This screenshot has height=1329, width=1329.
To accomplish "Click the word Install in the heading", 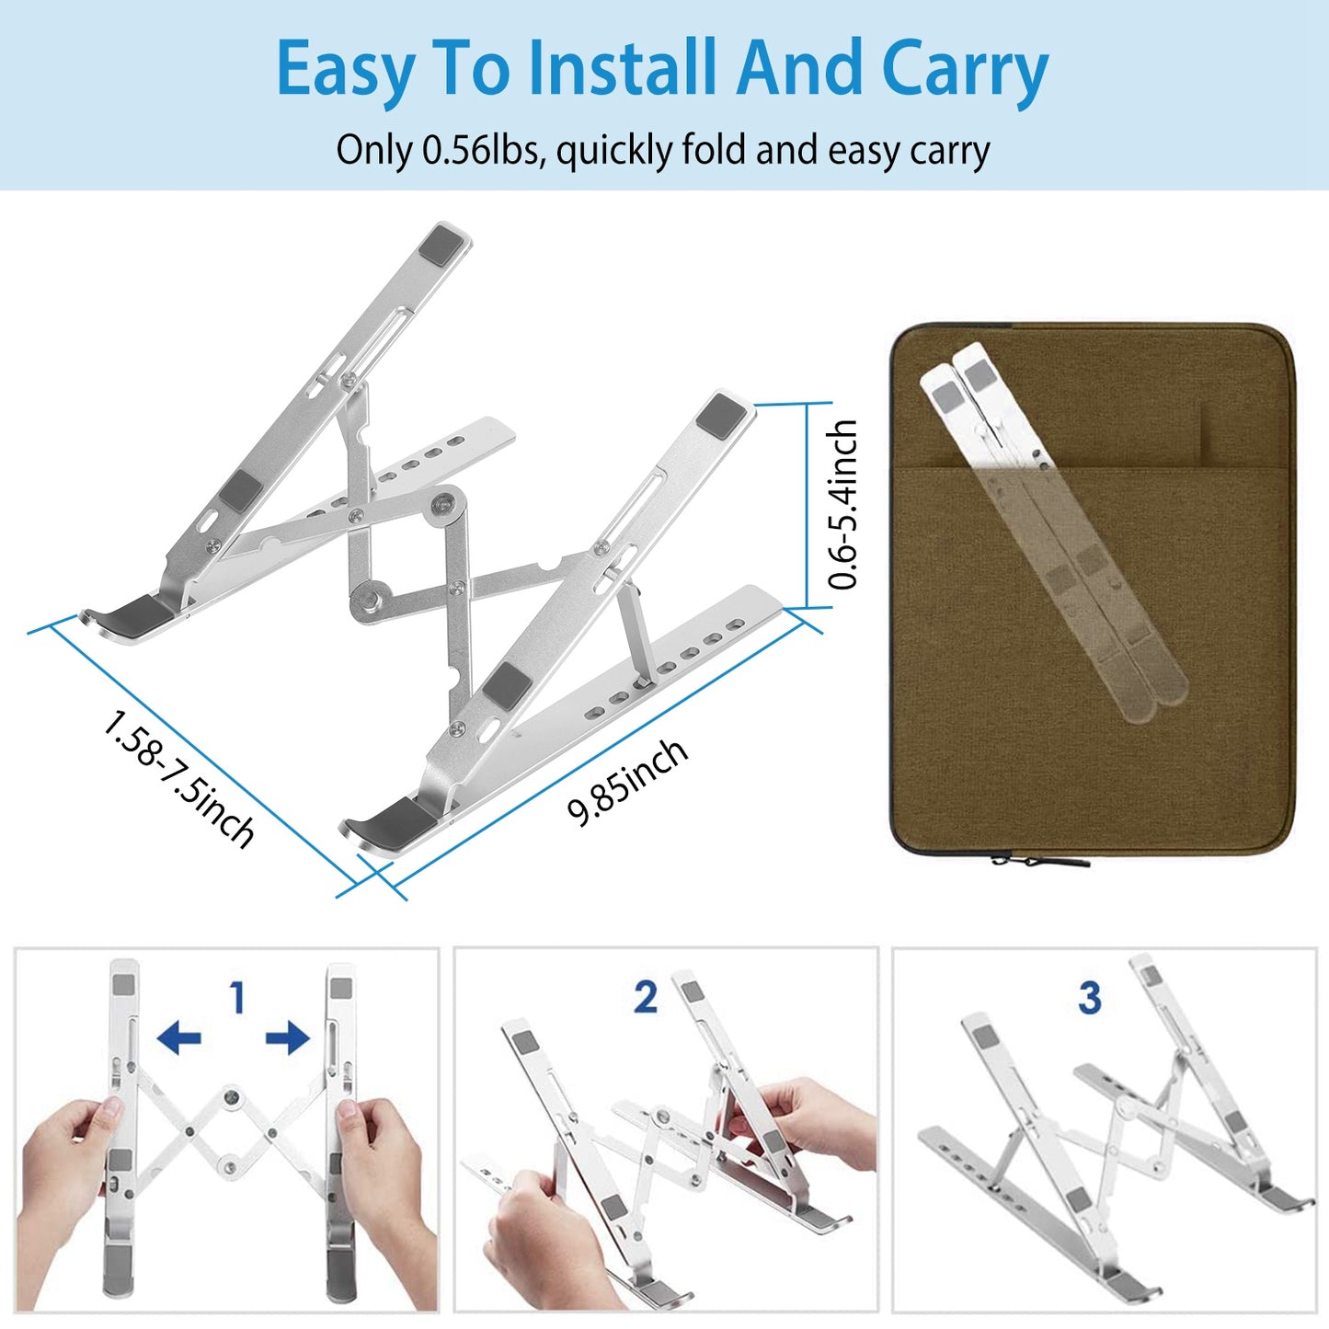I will coord(624,69).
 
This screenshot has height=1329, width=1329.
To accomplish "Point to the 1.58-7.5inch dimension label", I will coord(178,778).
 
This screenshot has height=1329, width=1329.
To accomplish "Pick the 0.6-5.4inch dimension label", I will coord(842,504).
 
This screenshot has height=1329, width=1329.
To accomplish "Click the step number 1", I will coord(238,998).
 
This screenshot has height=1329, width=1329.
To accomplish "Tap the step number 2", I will coord(646,998).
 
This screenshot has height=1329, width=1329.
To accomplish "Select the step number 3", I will coord(1090,998).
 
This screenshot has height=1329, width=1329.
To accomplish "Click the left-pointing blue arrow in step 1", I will coord(179,1039).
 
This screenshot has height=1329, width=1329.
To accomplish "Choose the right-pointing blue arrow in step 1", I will coord(288,1039).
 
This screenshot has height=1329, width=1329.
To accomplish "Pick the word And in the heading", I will coord(800,69).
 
